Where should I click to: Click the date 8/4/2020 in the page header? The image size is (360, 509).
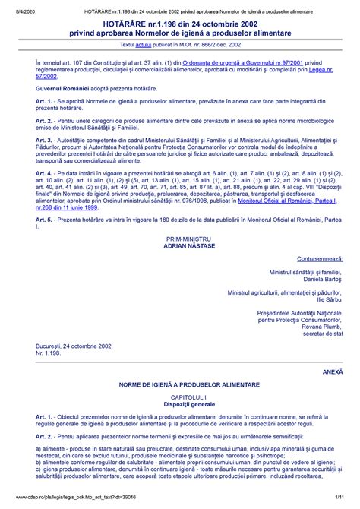20,6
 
